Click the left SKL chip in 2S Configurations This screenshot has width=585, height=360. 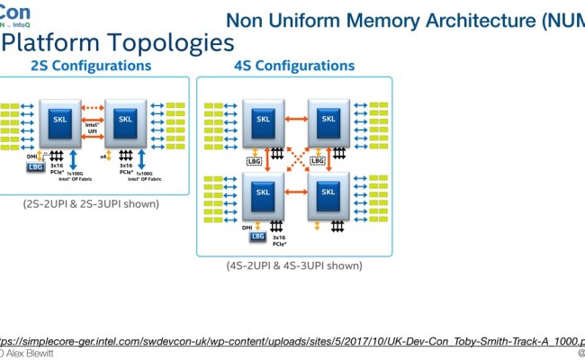(x=59, y=120)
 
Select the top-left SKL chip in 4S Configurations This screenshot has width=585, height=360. (x=264, y=120)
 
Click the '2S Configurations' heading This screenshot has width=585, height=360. (x=91, y=66)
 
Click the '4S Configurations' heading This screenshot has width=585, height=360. (x=293, y=66)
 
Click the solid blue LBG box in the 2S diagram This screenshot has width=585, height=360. (x=35, y=167)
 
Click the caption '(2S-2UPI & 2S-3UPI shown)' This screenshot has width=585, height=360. (x=91, y=203)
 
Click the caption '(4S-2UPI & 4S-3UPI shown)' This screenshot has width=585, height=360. (x=294, y=265)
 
